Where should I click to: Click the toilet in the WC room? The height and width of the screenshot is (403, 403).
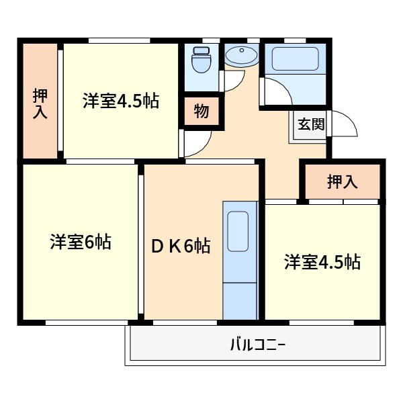(200, 64)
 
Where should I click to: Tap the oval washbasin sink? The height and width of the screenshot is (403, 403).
(240, 55)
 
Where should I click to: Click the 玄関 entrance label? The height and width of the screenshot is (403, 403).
(311, 124)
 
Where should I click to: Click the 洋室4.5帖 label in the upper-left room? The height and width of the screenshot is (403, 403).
(121, 102)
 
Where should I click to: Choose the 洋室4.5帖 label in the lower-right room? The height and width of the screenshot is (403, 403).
(322, 262)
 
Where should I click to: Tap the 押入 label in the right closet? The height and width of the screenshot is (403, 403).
(342, 181)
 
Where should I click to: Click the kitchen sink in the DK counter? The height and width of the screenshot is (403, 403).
(239, 232)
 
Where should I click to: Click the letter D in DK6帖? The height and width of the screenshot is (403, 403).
(155, 247)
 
